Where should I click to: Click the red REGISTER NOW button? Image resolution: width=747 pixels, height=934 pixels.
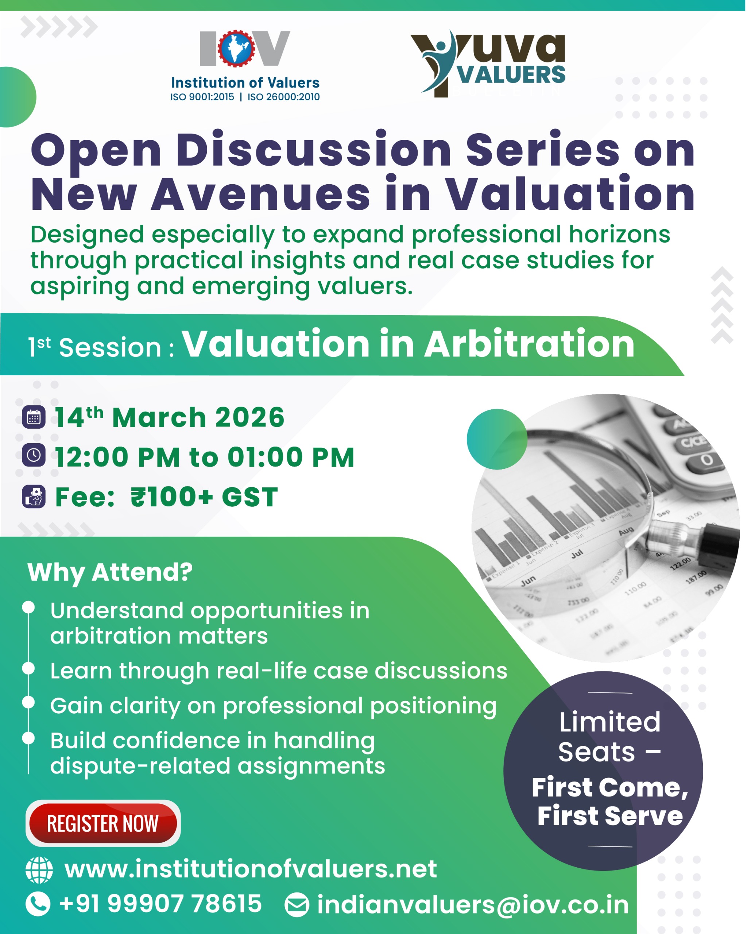coord(103,823)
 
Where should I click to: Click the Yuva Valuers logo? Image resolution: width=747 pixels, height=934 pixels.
coord(488,63)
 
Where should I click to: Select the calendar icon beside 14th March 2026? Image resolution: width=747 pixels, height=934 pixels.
coord(34,417)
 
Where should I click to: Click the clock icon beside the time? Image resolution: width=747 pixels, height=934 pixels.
coord(34,455)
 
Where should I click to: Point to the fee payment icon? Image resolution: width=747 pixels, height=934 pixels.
coord(34,497)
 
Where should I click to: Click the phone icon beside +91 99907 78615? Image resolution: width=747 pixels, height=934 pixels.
coord(38,904)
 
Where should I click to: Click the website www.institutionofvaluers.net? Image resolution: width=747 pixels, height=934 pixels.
coord(251,869)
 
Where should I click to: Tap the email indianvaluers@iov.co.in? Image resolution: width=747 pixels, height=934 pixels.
coord(473,905)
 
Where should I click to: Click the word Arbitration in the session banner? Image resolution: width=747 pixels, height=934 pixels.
coord(529,344)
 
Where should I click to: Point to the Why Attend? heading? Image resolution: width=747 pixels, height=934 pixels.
coord(110,573)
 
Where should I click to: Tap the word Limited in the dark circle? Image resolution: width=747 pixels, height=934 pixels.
coord(610,722)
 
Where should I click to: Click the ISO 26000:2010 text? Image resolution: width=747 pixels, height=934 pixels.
coord(284,97)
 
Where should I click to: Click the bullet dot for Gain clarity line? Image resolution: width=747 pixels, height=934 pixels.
coord(28,702)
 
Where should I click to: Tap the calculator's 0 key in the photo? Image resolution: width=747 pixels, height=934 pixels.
coord(707,460)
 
